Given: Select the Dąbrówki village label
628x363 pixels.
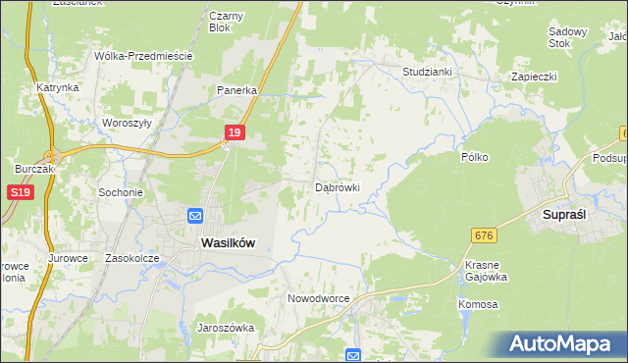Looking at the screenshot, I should (x=338, y=186).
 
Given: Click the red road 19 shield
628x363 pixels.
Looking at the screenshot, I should (x=233, y=132).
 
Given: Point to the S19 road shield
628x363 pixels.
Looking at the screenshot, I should (x=22, y=193).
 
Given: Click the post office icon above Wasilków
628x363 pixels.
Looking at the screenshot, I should (x=195, y=216).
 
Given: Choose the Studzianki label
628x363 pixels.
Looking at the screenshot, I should (x=427, y=72).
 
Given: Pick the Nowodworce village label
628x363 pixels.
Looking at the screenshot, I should (x=319, y=297).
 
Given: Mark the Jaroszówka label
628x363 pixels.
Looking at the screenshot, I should (x=226, y=328).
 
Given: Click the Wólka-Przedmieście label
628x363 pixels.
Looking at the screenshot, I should (x=142, y=56).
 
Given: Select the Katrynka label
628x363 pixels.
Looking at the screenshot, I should (x=58, y=87).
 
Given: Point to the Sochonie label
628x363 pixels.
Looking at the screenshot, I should (x=121, y=192).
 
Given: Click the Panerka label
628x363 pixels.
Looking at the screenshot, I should (x=236, y=90).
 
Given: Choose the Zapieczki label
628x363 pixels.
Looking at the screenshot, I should (x=534, y=76).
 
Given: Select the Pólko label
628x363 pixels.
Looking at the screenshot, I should (x=475, y=156).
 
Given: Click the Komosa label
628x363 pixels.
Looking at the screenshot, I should (x=478, y=304).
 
